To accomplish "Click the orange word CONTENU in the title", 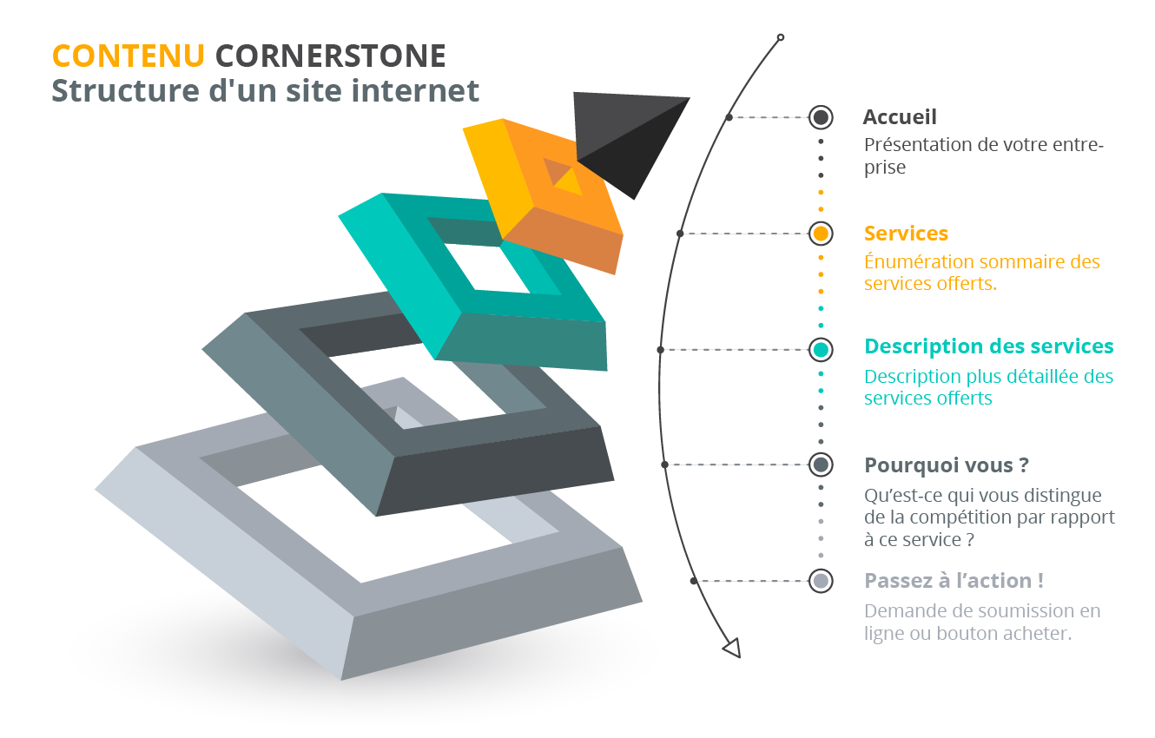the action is pyautogui.click(x=129, y=56).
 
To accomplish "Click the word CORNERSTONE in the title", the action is pyautogui.click(x=331, y=56).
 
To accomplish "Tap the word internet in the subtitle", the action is pyautogui.click(x=416, y=90).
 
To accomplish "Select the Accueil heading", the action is pyautogui.click(x=900, y=117).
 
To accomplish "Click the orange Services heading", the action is pyautogui.click(x=906, y=234).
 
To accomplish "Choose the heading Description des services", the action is pyautogui.click(x=989, y=346).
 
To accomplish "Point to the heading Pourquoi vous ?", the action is pyautogui.click(x=947, y=465).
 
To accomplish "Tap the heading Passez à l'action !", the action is pyautogui.click(x=954, y=581).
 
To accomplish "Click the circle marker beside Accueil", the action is pyautogui.click(x=821, y=117).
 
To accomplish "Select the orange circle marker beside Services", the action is pyautogui.click(x=821, y=234).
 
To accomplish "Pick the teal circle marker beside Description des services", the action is pyautogui.click(x=821, y=350).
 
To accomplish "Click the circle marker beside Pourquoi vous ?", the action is pyautogui.click(x=821, y=465).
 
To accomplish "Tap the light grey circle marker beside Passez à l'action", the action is pyautogui.click(x=821, y=581).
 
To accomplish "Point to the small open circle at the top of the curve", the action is pyautogui.click(x=781, y=37).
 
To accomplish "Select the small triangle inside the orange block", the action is pyautogui.click(x=570, y=182).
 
